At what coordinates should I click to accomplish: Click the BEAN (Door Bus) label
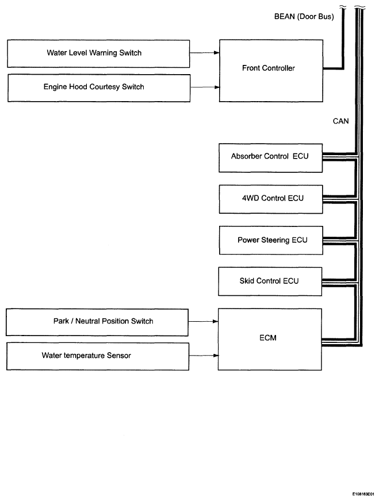(x=304, y=17)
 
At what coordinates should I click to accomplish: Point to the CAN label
(x=340, y=121)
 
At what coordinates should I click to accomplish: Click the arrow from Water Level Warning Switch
(x=205, y=53)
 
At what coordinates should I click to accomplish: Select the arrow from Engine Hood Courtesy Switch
(x=205, y=87)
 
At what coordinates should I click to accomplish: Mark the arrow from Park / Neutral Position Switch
(x=204, y=321)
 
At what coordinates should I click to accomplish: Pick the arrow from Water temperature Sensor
(x=204, y=355)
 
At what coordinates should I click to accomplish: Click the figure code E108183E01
(x=363, y=494)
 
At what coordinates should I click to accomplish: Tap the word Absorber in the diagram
(x=244, y=156)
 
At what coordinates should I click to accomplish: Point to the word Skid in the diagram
(x=247, y=281)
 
